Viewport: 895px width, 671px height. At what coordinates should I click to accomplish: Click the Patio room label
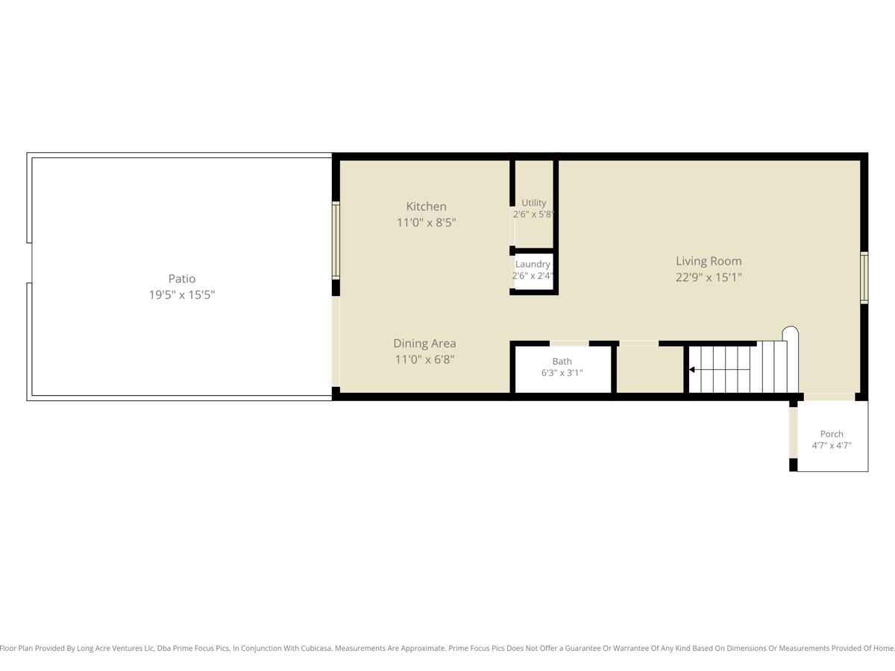pyautogui.click(x=182, y=279)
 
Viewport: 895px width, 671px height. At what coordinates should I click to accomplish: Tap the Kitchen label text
pyautogui.click(x=426, y=207)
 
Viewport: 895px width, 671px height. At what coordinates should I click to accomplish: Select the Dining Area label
pyautogui.click(x=424, y=344)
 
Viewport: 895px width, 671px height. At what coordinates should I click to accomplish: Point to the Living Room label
pyautogui.click(x=709, y=261)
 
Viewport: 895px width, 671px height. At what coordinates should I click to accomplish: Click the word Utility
pyautogui.click(x=534, y=203)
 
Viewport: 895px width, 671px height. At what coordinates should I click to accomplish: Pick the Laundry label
pyautogui.click(x=533, y=264)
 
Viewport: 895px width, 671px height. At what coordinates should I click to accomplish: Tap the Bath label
pyautogui.click(x=562, y=362)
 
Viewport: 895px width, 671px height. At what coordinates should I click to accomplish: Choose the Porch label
pyautogui.click(x=832, y=434)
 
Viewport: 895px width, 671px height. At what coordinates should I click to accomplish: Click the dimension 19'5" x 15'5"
pyautogui.click(x=182, y=294)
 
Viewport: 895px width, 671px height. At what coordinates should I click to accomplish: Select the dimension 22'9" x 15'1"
pyautogui.click(x=709, y=277)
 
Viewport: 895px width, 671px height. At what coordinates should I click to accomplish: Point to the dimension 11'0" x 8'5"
pyautogui.click(x=426, y=222)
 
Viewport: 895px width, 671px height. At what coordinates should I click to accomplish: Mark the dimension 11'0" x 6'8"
pyautogui.click(x=424, y=359)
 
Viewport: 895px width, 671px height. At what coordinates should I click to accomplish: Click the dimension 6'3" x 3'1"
pyautogui.click(x=562, y=373)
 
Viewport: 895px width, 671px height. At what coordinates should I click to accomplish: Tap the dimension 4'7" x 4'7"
pyautogui.click(x=832, y=445)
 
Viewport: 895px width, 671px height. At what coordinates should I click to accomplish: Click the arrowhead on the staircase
pyautogui.click(x=692, y=370)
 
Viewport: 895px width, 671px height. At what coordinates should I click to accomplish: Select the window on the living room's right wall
pyautogui.click(x=864, y=277)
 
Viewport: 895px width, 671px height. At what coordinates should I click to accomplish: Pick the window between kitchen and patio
pyautogui.click(x=336, y=240)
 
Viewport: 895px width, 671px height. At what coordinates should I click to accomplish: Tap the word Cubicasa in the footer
pyautogui.click(x=316, y=648)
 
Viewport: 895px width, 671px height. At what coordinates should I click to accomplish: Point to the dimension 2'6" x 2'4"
pyautogui.click(x=533, y=276)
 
